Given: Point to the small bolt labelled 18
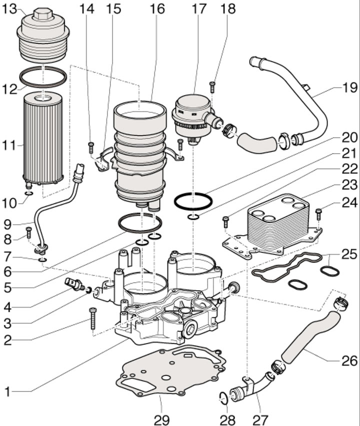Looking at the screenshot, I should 212,87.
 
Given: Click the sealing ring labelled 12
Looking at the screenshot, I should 43,77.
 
